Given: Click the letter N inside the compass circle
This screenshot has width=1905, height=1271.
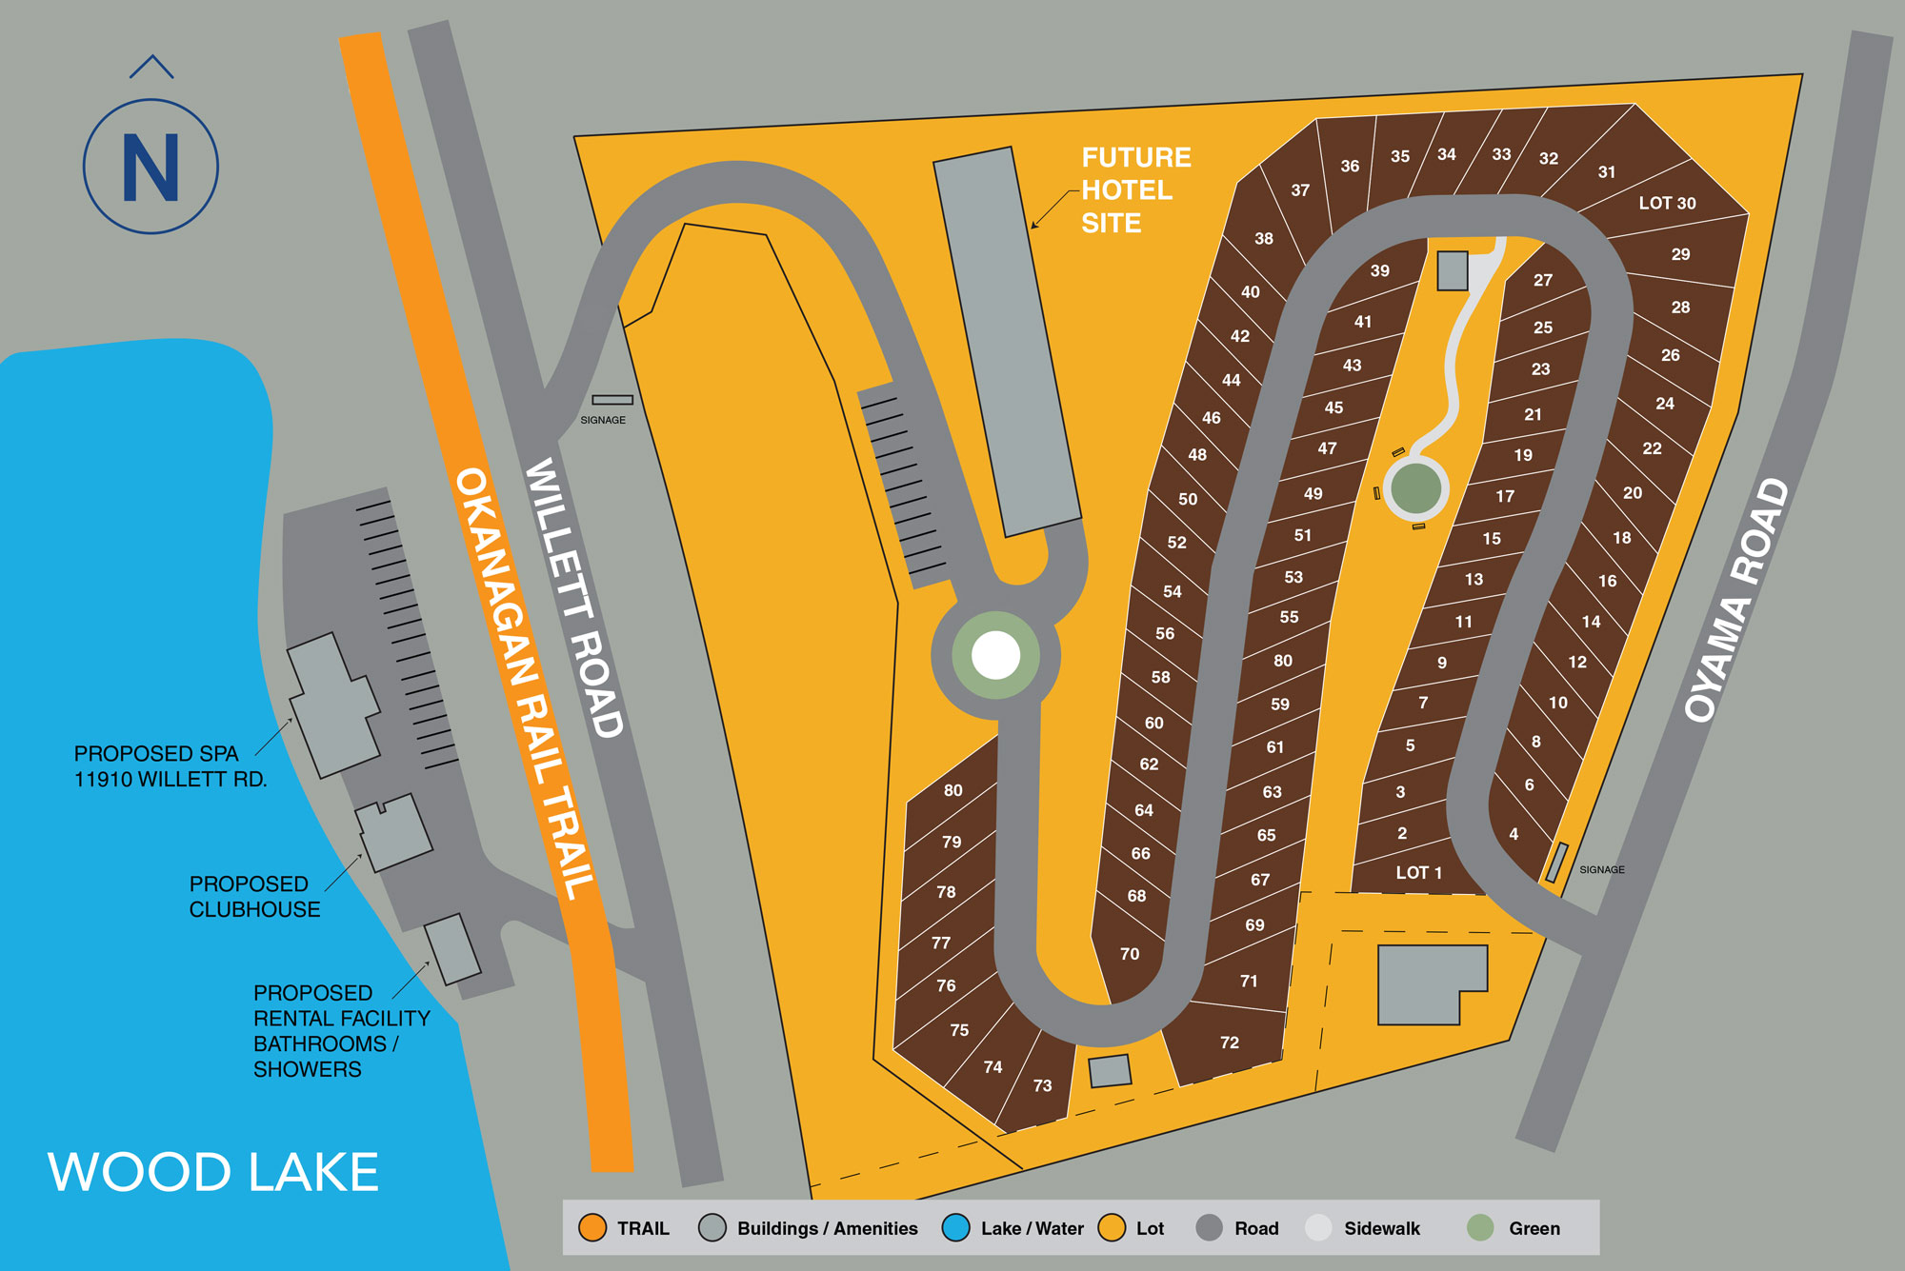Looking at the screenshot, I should point(150,168).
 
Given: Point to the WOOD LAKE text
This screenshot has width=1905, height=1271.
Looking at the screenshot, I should point(213,1172).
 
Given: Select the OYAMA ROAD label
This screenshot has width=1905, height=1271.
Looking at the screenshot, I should point(1735,600).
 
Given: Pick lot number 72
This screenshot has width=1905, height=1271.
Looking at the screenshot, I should point(1230,1043).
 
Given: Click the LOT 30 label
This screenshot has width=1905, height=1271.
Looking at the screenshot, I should point(1667,203).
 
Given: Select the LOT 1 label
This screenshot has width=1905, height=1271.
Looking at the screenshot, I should point(1418,872).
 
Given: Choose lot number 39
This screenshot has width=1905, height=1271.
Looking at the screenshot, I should point(1379,271).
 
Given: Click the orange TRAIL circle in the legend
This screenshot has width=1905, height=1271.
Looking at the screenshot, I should point(592,1228).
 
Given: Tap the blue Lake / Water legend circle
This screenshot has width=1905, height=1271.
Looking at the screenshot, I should point(955,1228).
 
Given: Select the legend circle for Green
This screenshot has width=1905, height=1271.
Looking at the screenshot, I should point(1480,1228).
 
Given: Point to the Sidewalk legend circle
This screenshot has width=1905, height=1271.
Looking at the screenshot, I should point(1318,1228).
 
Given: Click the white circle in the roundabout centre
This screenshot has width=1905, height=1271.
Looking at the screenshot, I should point(995,655).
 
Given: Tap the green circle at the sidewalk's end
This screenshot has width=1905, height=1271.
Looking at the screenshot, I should point(1415,487).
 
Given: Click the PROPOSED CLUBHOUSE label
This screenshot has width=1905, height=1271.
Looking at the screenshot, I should point(254,897).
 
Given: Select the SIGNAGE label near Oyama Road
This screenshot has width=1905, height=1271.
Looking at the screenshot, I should point(1602,869).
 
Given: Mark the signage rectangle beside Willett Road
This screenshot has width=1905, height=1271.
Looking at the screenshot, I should point(612,400).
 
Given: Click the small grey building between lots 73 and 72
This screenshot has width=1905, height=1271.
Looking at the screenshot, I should point(1110,1070).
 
